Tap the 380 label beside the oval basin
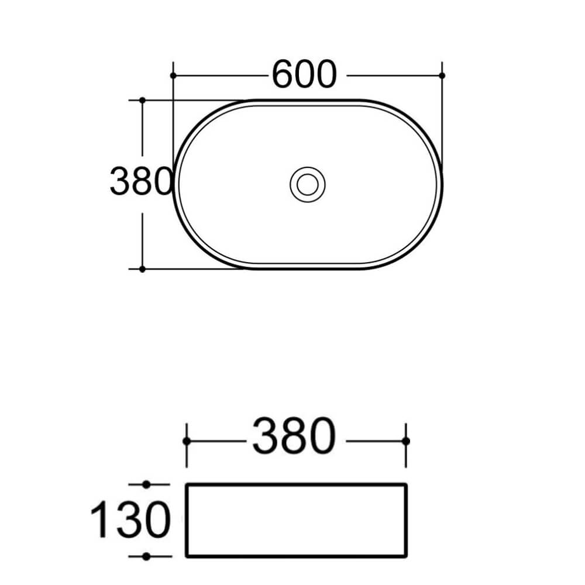(141, 181)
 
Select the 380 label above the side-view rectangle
(294, 435)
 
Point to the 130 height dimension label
(130, 519)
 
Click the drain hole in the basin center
(308, 184)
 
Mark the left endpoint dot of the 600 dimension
(173, 75)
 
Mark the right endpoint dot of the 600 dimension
(442, 75)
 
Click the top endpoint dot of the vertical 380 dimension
(142, 100)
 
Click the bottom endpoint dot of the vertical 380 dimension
(142, 269)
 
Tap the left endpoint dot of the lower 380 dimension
(187, 441)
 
